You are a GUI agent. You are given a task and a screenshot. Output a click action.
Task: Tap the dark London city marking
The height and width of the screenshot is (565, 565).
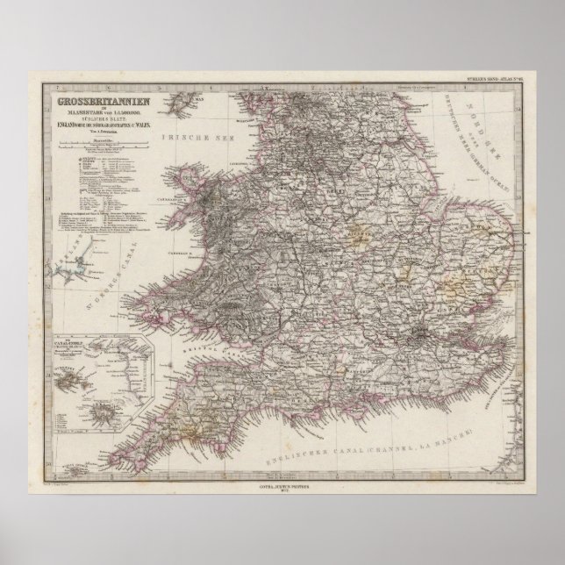(426, 333)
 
